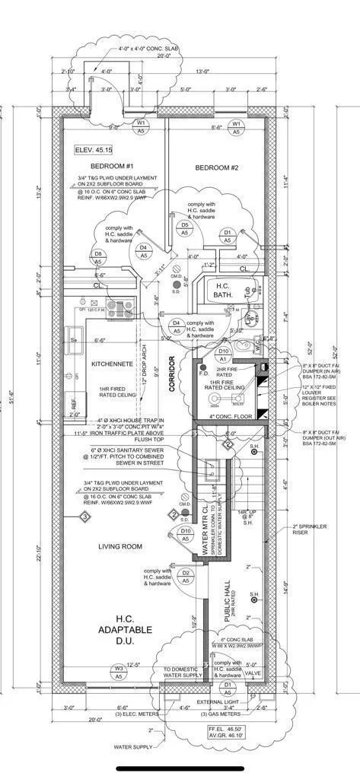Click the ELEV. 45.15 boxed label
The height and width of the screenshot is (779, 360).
92,151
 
